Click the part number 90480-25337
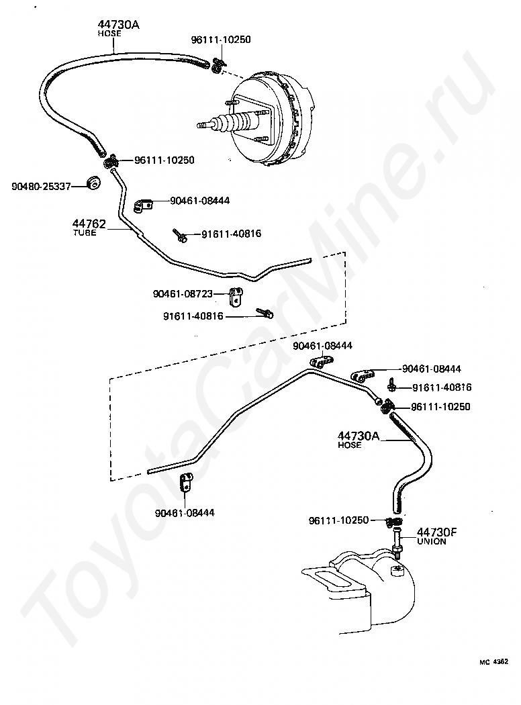click(42, 186)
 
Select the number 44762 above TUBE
click(89, 224)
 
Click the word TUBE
click(85, 232)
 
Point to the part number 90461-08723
click(183, 293)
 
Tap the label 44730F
click(436, 532)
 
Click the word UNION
click(432, 541)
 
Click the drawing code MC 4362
click(493, 662)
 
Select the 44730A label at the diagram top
click(119, 25)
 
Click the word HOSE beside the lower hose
click(349, 444)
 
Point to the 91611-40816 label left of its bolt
click(193, 316)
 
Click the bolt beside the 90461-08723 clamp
click(265, 313)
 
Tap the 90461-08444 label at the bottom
click(185, 512)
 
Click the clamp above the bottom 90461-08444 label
click(186, 483)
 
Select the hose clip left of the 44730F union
click(393, 522)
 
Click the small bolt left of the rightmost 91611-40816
click(392, 385)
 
